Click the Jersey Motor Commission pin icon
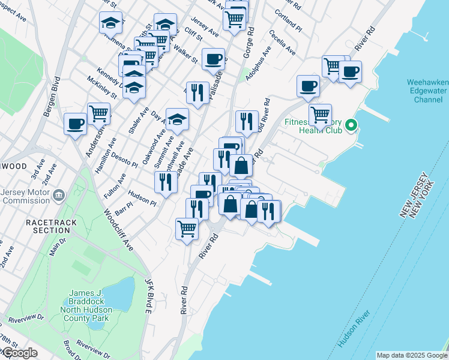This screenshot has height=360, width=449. [59, 195]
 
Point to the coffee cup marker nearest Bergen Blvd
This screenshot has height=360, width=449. [76, 124]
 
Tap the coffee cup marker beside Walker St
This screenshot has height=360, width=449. [213, 59]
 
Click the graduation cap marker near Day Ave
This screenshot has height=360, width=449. [177, 119]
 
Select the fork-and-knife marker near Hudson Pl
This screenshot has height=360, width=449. [165, 182]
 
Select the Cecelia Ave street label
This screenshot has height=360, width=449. [282, 43]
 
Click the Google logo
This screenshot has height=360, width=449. [19, 353]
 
